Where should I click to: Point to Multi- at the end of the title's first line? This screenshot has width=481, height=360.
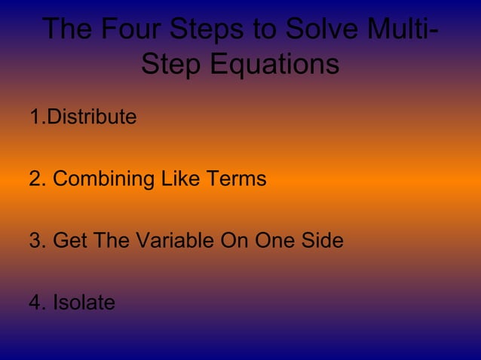399,29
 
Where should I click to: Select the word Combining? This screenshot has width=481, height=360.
103,179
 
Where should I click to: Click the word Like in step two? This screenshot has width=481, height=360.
177,179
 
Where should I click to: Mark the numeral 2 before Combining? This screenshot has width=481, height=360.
35,179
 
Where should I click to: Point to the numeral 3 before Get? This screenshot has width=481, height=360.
35,241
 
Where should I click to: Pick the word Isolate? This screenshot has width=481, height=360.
84,303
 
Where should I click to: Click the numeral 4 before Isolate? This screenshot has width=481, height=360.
35,303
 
